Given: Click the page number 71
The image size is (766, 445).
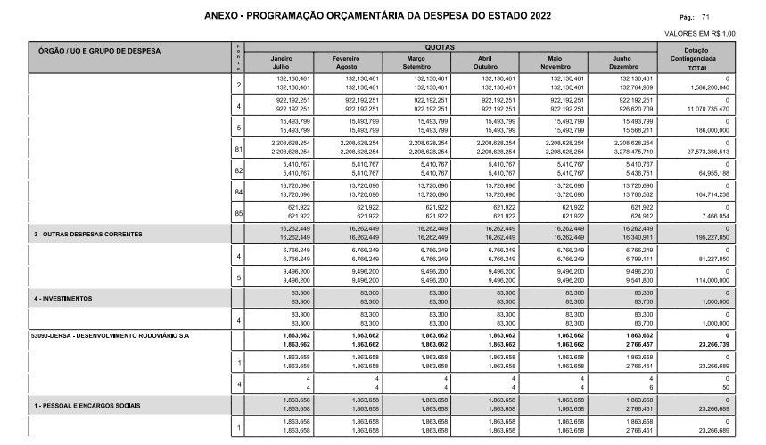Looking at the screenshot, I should (x=706, y=17).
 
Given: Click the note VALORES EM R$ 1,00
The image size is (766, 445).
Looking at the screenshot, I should (x=701, y=34).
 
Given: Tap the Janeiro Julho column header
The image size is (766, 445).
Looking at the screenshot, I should (x=281, y=62).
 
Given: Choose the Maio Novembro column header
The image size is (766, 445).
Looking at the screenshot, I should (x=555, y=62).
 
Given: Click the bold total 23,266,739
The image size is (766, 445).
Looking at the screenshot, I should (x=710, y=344).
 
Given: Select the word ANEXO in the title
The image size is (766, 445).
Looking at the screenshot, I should (x=221, y=16).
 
